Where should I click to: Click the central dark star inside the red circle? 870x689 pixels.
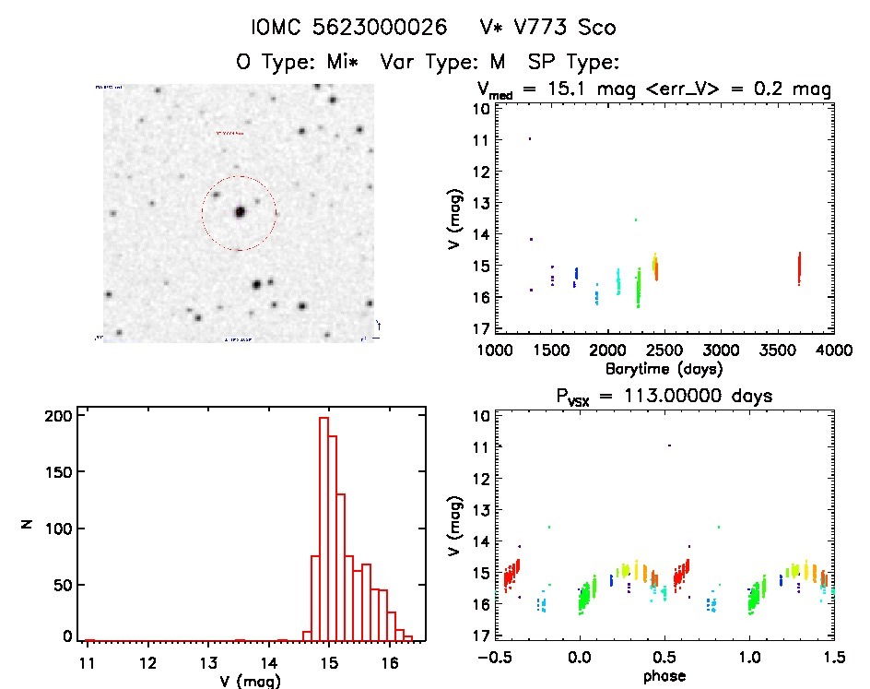pos(240,211)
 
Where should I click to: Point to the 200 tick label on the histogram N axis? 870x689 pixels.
pos(56,416)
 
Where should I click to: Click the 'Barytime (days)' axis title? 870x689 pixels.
pos(664,368)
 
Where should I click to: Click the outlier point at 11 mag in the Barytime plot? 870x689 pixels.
pos(530,139)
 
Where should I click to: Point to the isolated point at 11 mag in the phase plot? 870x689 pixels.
pos(669,445)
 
